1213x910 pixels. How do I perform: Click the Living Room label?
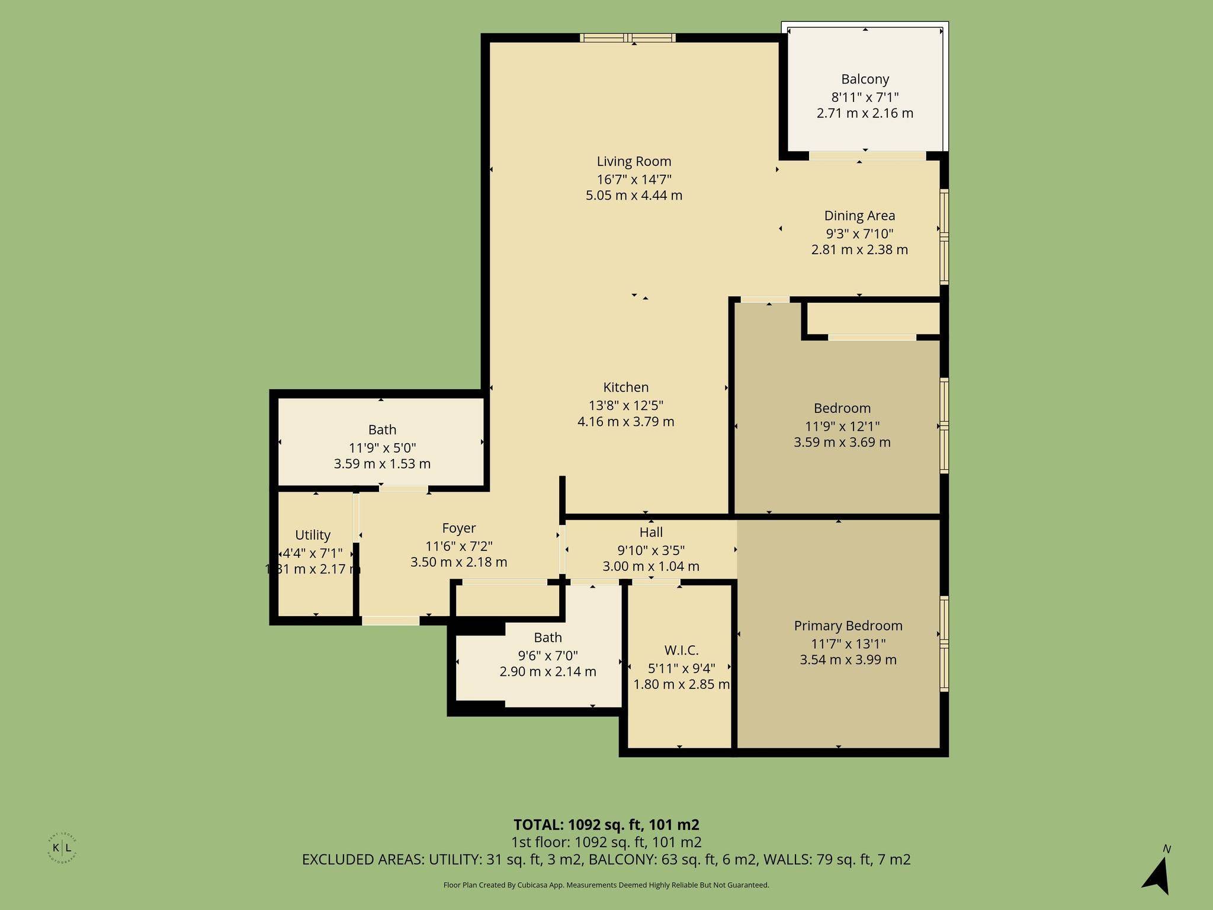[634, 161]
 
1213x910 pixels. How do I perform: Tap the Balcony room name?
[865, 79]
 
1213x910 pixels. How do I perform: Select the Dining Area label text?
[859, 216]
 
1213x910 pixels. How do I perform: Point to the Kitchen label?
[625, 387]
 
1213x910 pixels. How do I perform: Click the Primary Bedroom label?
[848, 626]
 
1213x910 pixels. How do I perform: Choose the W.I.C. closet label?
[681, 651]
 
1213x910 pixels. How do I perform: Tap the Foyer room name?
[458, 528]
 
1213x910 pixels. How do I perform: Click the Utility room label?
[312, 535]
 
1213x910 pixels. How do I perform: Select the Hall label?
[651, 532]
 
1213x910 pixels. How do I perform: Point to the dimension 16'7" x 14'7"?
[634, 179]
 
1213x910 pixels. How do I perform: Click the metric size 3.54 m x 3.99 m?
[848, 660]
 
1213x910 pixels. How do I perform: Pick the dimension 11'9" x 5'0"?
[382, 448]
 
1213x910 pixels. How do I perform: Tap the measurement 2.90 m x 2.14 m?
[548, 672]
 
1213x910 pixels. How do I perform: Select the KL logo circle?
[62, 848]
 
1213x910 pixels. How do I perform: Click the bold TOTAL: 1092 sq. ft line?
[606, 825]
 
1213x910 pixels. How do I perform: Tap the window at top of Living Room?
[628, 38]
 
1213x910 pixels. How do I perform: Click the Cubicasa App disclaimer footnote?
[606, 885]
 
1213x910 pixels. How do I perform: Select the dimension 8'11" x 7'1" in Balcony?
[865, 97]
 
